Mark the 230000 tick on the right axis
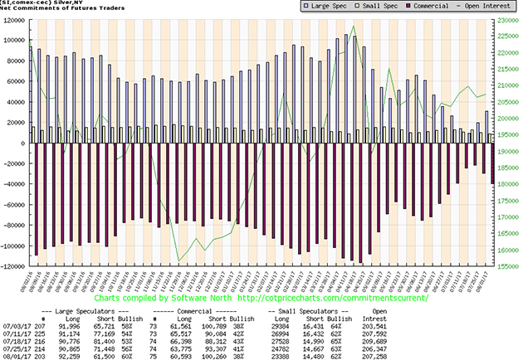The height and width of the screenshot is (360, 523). (x=509, y=20)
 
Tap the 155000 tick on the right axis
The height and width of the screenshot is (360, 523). (x=509, y=267)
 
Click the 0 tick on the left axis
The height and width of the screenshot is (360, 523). (x=25, y=144)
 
